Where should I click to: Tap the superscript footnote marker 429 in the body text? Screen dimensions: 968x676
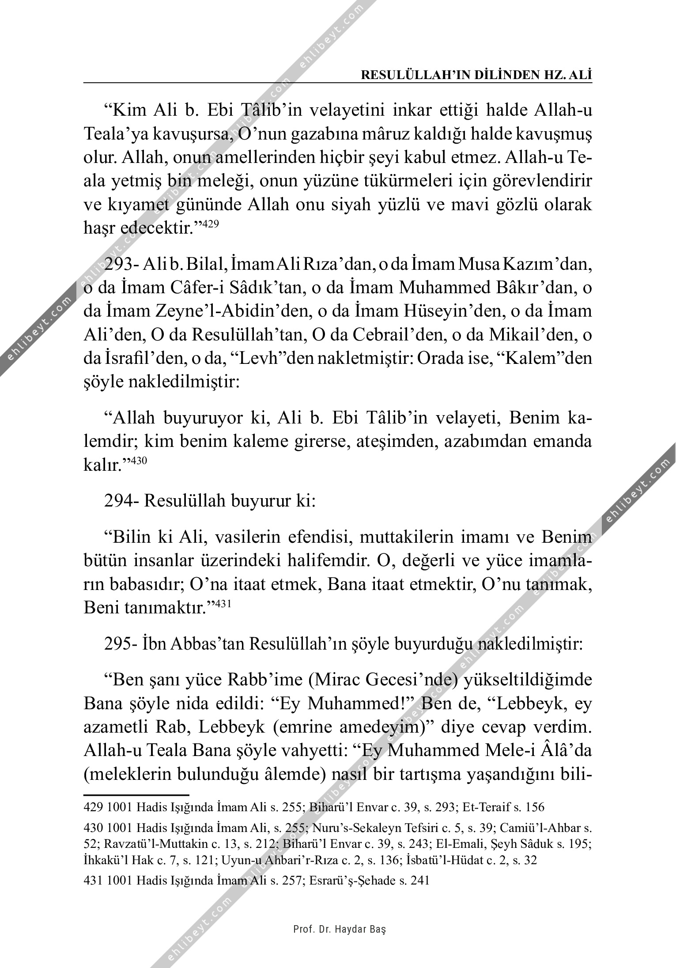[211, 225]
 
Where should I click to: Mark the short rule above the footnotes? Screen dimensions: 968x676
[136, 794]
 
